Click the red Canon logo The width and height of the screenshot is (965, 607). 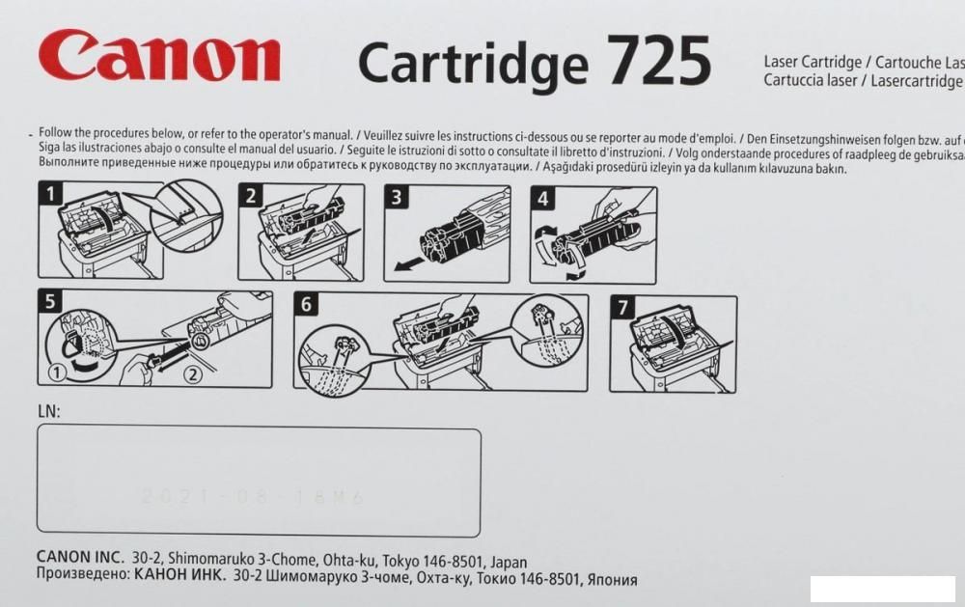(159, 57)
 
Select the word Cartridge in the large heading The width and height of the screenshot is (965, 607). (472, 64)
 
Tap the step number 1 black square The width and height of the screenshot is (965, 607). (47, 194)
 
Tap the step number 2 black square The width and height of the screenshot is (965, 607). (250, 196)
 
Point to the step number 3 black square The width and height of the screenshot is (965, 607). (396, 198)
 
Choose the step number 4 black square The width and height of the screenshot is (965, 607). (543, 200)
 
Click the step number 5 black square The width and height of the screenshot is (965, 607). (49, 301)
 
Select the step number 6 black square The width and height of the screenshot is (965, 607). (306, 305)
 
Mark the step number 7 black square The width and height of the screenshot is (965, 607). (623, 308)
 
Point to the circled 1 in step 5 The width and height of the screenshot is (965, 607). (56, 371)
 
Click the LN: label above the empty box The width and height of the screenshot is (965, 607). (48, 412)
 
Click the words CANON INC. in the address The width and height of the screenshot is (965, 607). (80, 559)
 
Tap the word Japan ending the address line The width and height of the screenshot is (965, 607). (509, 562)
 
